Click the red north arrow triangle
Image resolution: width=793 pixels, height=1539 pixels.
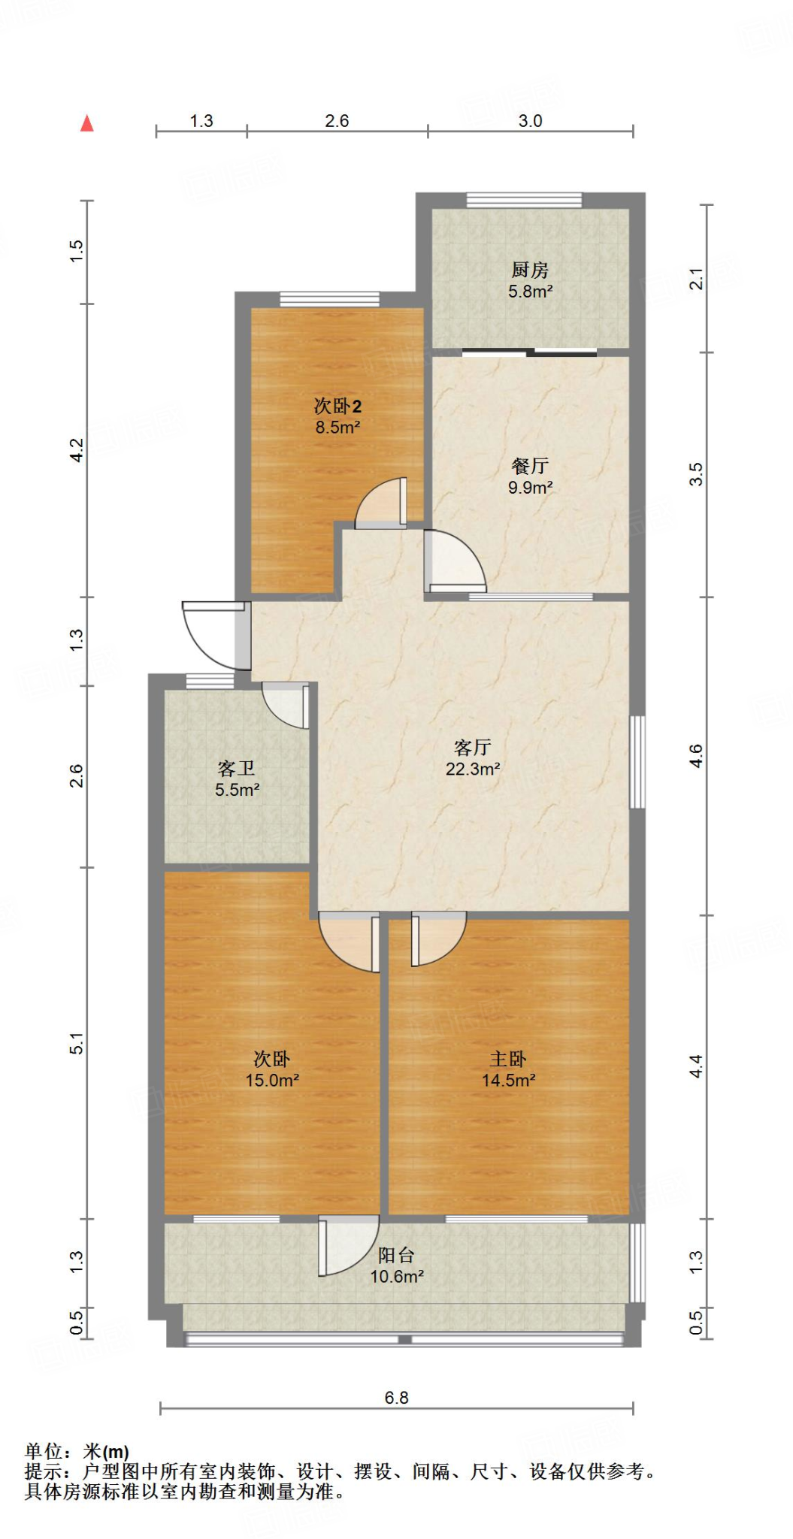tap(87, 123)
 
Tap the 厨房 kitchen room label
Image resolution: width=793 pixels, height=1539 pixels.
tap(530, 269)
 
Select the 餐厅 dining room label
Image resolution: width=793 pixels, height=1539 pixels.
tap(530, 466)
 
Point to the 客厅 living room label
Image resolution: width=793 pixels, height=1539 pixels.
tap(473, 747)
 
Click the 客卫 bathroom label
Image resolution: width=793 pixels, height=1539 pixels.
tap(237, 768)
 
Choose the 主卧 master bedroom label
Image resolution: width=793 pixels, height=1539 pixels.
tap(508, 1059)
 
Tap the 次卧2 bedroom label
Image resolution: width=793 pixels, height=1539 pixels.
tap(337, 406)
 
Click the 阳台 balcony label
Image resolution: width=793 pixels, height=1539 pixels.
tap(396, 1255)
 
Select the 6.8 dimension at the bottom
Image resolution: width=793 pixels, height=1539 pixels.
tap(396, 1398)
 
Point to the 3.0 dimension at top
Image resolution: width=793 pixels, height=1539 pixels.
tap(530, 121)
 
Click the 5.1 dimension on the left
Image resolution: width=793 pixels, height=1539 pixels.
tap(76, 1043)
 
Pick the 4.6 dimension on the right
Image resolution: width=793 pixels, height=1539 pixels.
tap(696, 756)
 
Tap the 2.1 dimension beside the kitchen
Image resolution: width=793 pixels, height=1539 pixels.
tap(696, 279)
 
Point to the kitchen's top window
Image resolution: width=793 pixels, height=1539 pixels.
tap(524, 200)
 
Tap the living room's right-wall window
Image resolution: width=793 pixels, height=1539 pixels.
tap(637, 762)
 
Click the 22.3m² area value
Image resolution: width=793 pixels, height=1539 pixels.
tap(473, 769)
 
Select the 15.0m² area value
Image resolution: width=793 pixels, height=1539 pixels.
tap(272, 1080)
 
